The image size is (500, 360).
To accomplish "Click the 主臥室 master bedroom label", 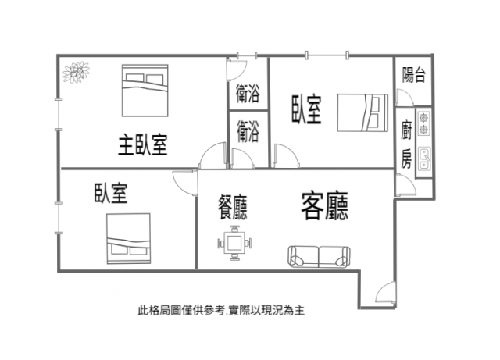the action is pos(143,145).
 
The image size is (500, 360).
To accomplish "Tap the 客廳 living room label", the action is pos(325,205).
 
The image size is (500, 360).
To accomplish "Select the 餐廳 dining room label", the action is pos(233,207).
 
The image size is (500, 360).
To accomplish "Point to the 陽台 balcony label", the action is pos(413,75).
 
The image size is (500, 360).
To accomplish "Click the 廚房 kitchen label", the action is pos(407,144).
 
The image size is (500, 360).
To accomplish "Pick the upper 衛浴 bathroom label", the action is pos(248,94).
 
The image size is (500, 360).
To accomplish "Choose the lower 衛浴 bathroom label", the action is pos(248,132).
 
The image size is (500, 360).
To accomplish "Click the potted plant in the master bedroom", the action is pos(76,73).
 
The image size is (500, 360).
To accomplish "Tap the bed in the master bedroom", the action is pos(145,91).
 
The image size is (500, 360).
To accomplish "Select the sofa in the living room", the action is pos(320,257).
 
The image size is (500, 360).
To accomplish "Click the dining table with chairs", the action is pos(234,243).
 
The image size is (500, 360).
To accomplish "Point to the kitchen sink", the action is pos(424,158).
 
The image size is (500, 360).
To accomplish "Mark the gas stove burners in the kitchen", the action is pos(423,123).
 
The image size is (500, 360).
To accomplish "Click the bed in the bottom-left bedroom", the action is pos(128,238).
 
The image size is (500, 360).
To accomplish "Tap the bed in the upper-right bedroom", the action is pos(362,112).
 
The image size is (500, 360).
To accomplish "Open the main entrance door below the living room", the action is pos(385,293).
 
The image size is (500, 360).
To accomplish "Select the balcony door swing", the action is pos(405,98).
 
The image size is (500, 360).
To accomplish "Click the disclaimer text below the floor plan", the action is pos(221,310).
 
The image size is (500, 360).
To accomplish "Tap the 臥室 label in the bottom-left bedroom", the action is pos(111,193).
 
